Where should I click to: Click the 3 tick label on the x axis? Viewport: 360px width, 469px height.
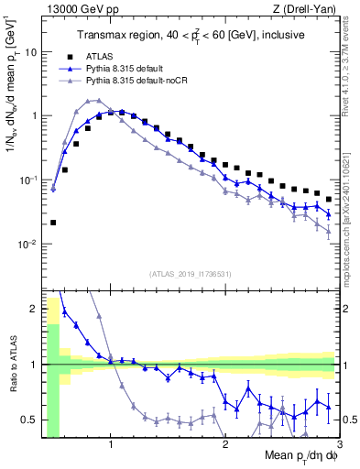pyautogui.click(x=338, y=446)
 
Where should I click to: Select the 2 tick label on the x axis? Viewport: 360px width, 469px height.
pyautogui.click(x=224, y=446)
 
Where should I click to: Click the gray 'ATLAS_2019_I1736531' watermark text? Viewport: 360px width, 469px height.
pyautogui.click(x=190, y=274)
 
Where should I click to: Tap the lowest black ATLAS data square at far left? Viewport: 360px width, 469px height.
pyautogui.click(x=53, y=223)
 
